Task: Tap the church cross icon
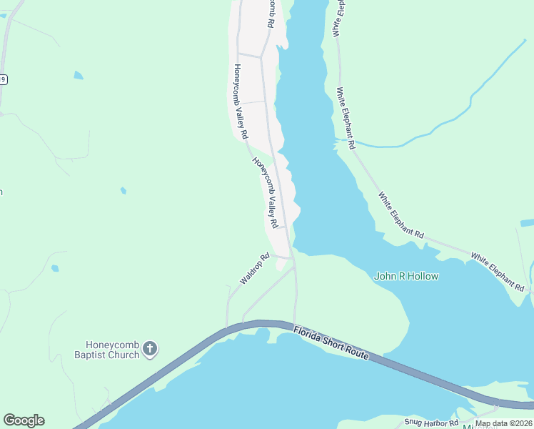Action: tap(149, 349)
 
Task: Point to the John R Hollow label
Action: tap(406, 276)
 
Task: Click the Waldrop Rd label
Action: tap(254, 269)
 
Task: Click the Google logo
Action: tap(24, 420)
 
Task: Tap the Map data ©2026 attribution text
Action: tap(503, 423)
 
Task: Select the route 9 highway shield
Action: tap(3, 79)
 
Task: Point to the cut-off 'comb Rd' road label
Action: tap(271, 13)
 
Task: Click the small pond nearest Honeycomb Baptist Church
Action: tap(55, 269)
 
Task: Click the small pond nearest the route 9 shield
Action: tap(77, 74)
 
